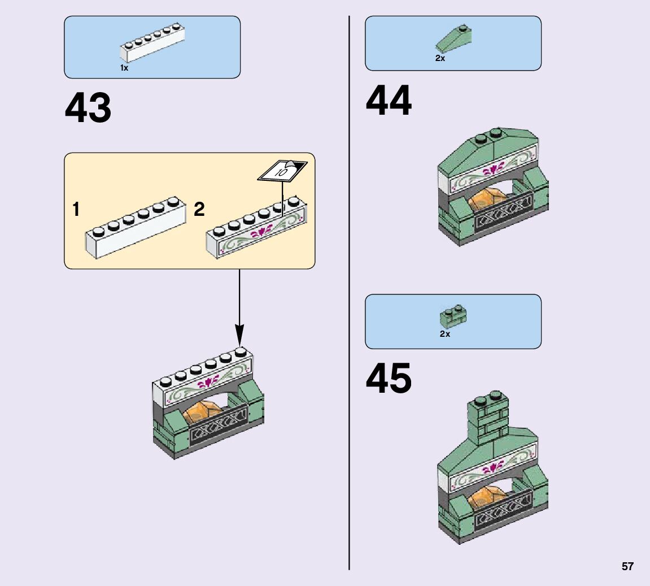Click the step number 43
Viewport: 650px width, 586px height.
pyautogui.click(x=88, y=108)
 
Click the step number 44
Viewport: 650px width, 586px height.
pyautogui.click(x=389, y=102)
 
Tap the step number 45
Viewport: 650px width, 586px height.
pyautogui.click(x=389, y=379)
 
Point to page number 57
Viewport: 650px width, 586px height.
pyautogui.click(x=627, y=567)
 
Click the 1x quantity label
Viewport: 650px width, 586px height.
pyautogui.click(x=124, y=68)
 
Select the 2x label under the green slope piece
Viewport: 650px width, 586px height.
pyautogui.click(x=440, y=58)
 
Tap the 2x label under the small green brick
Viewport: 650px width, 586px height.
pyautogui.click(x=445, y=334)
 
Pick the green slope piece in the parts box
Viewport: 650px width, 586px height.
pyautogui.click(x=453, y=40)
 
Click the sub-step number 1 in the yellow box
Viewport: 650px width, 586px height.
pyautogui.click(x=76, y=210)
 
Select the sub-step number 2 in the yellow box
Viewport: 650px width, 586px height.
pyautogui.click(x=199, y=210)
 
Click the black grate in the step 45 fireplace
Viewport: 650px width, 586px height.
pyautogui.click(x=503, y=511)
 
